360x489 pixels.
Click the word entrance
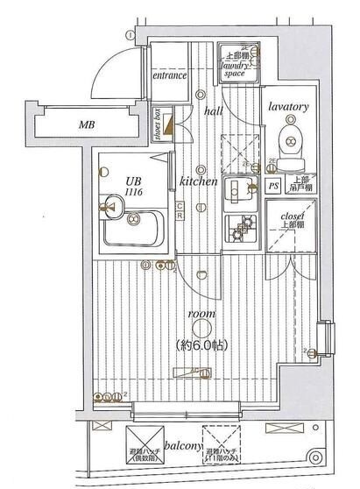(x=171, y=75)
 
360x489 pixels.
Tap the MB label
(x=86, y=125)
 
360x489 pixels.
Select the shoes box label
(x=158, y=124)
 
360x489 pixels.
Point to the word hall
(x=214, y=112)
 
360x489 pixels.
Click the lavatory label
(x=289, y=107)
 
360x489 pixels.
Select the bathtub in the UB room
(x=131, y=230)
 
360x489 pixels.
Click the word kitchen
(x=199, y=181)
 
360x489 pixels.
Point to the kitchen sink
(x=236, y=189)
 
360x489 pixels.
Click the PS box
(x=274, y=186)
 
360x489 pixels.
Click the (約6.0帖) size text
(x=201, y=344)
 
